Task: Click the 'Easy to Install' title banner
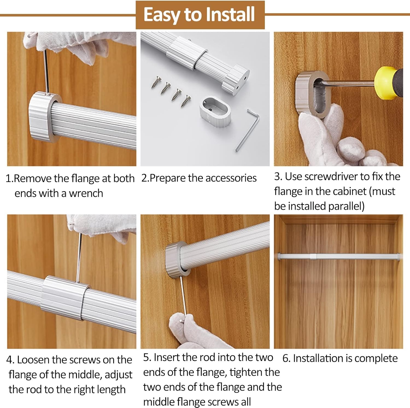200,15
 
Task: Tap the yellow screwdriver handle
388,83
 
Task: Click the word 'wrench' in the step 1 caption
86,193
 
